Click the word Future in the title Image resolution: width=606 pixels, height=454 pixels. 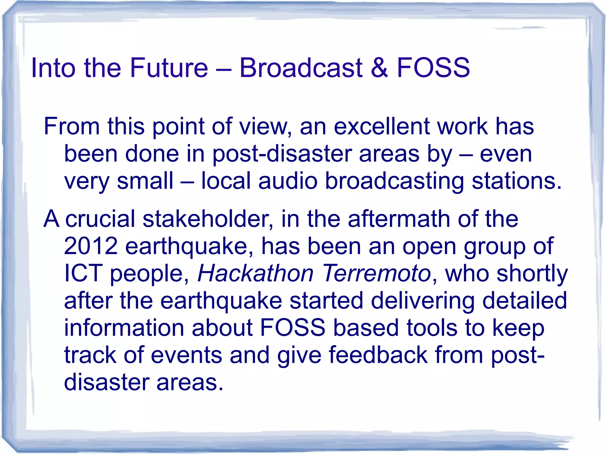click(x=169, y=68)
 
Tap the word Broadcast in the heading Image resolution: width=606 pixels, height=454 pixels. click(x=301, y=68)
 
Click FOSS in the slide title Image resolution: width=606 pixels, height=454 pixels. click(x=433, y=68)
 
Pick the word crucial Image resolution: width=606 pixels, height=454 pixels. click(x=100, y=219)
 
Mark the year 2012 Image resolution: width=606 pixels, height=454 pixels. click(x=91, y=246)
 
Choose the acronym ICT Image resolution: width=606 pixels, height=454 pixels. click(x=83, y=273)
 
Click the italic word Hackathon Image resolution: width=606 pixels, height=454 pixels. click(x=255, y=273)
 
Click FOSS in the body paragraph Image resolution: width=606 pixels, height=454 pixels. click(x=293, y=328)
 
